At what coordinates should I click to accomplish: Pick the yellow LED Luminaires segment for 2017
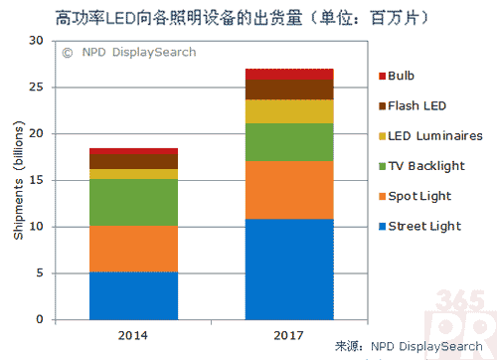coord(288,111)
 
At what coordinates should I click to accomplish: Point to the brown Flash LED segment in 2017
coord(288,90)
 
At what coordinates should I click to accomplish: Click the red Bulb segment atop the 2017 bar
coord(288,74)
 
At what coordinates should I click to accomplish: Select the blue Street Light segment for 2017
coord(288,270)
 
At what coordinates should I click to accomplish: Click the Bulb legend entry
coord(400,76)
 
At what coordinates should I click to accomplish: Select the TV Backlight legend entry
coord(422,165)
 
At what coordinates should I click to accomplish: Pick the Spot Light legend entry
coord(414,195)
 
